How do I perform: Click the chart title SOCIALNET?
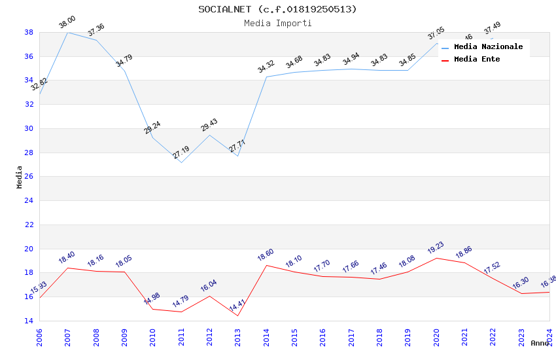[278, 9]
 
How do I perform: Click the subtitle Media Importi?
[278, 23]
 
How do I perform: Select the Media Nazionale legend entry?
[488, 46]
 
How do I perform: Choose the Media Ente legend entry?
[477, 59]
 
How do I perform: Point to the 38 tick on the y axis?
[29, 32]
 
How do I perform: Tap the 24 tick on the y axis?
[29, 200]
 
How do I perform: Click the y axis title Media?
[20, 177]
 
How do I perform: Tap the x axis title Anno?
[540, 343]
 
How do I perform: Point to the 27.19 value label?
[181, 153]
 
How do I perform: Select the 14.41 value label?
[237, 306]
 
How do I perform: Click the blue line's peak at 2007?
[67, 32]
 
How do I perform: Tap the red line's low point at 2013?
[237, 316]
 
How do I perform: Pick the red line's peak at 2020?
[436, 258]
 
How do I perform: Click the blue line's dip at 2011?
[181, 162]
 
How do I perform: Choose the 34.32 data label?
[266, 67]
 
